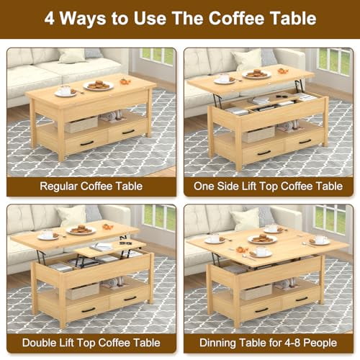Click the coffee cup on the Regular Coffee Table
tap(66, 91)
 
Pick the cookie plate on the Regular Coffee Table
tap(99, 85)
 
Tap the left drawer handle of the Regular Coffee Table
tap(86, 143)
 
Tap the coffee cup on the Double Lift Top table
tap(48, 235)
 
